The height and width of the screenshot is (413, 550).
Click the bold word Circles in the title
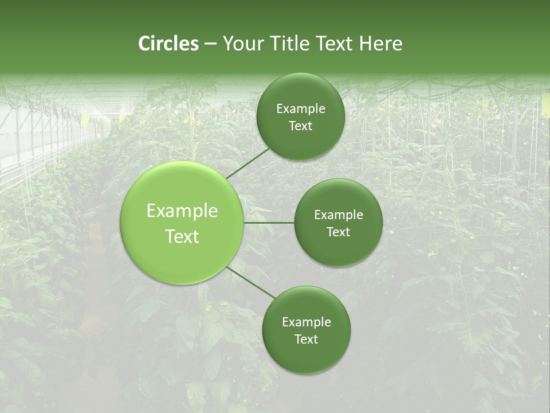168,44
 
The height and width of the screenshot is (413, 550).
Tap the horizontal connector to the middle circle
269,223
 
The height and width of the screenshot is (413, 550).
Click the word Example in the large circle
182,211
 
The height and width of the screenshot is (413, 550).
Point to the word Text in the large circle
182,236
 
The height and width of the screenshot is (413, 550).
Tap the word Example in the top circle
300,109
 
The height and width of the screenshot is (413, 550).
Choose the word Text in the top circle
300,126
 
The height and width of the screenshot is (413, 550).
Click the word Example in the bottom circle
307,322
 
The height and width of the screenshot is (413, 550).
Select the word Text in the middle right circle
338,232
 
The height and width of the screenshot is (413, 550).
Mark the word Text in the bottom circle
307,340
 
